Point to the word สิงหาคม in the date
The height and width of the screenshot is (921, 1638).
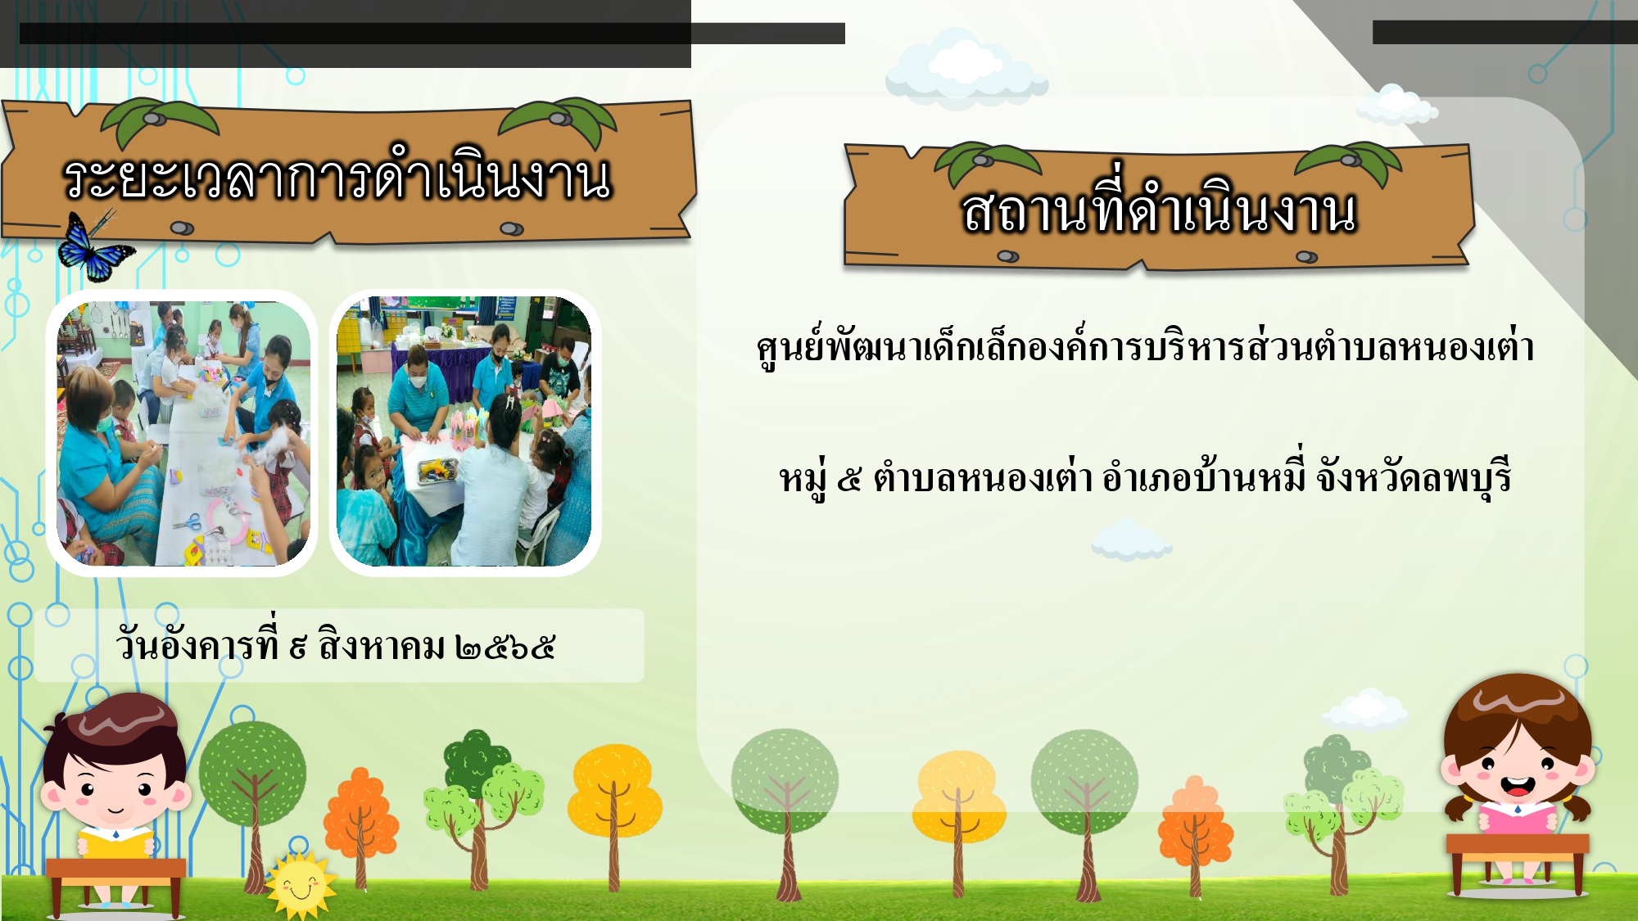coord(382,645)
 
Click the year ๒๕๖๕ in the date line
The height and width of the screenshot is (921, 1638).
coord(505,648)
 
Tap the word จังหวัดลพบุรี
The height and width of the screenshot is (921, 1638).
coord(1413,476)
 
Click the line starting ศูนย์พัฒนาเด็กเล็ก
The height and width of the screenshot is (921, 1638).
coord(1145,345)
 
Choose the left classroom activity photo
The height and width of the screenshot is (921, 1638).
coord(183,433)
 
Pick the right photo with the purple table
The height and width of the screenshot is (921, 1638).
coord(464,431)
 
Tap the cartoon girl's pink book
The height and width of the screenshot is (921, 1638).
coord(1518,819)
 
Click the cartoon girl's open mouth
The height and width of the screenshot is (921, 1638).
coord(1518,787)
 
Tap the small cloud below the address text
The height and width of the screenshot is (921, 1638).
coord(1131,540)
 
